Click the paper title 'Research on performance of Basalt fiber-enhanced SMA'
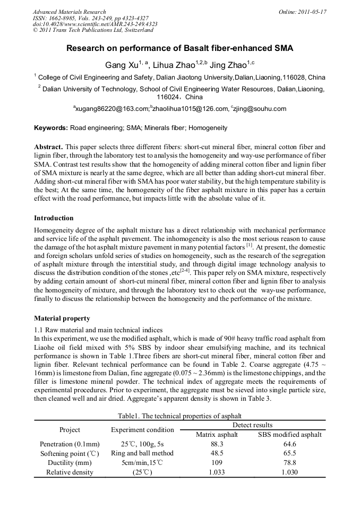pos(179,48)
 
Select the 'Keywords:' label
pos(51,128)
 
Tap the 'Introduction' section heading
pos(54,218)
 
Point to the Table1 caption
pos(179,416)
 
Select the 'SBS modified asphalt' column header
pos(289,434)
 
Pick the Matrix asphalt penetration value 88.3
pos(216,444)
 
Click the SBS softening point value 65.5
pos(289,453)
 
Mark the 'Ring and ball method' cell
pos(142,453)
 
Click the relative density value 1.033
pos(216,472)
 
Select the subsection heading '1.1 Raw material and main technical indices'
pos(98,330)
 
